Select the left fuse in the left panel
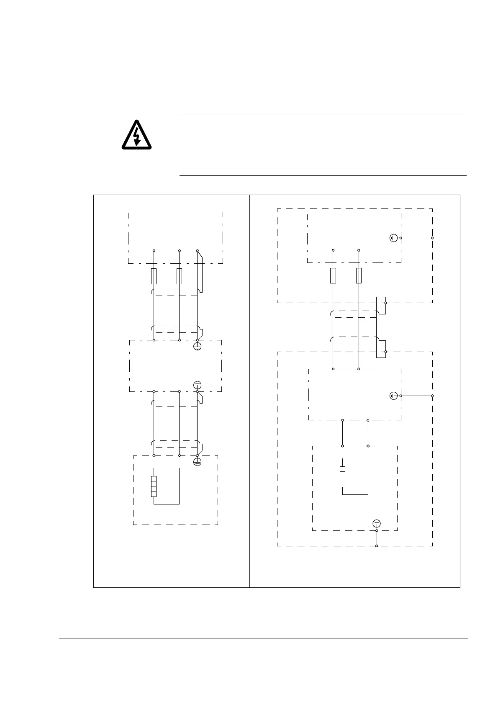click(x=154, y=276)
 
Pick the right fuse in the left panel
click(x=179, y=276)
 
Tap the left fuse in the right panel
click(x=333, y=276)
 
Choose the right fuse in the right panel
click(x=359, y=276)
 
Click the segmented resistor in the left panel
click(x=154, y=486)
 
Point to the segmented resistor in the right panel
click(x=342, y=477)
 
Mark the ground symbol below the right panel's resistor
click(x=377, y=523)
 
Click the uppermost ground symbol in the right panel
click(x=393, y=238)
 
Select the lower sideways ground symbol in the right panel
click(x=393, y=396)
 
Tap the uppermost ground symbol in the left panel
click(x=198, y=346)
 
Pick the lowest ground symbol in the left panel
click(x=198, y=462)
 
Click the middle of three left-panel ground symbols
click(x=198, y=385)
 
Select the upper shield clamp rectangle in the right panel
click(x=380, y=305)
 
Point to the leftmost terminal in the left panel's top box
click(x=154, y=250)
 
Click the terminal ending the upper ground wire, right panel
click(x=432, y=238)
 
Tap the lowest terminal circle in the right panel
click(x=377, y=546)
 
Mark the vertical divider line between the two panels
click(x=249, y=391)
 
